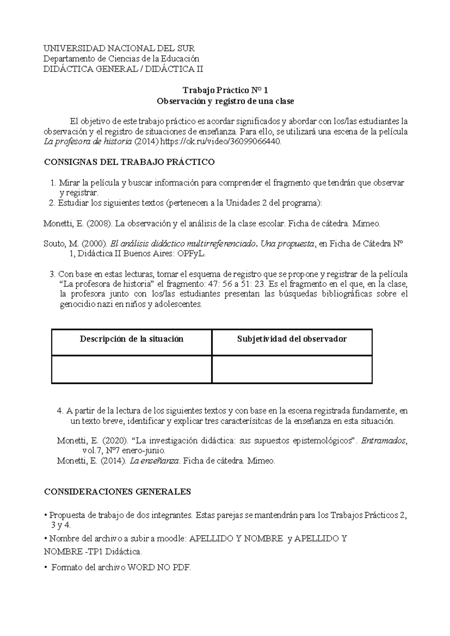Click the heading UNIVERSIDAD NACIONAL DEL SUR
pos(119,48)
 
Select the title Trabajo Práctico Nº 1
pos(225,90)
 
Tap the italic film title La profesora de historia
pos(88,142)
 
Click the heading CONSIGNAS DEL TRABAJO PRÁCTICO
pos(129,162)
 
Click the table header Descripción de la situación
pos(132,339)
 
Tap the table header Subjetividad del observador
pos(292,339)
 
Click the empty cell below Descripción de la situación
pos(132,369)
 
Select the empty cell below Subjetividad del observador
pos(292,369)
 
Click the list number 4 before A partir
pos(60,411)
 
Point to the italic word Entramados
pos(384,441)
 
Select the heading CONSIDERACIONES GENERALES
pos(117,492)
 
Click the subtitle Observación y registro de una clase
pos(225,101)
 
